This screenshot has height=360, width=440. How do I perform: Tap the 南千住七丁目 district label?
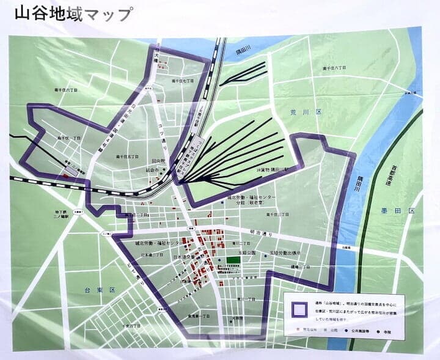[x=182, y=80]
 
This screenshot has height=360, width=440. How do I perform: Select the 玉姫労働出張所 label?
[x=282, y=252]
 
